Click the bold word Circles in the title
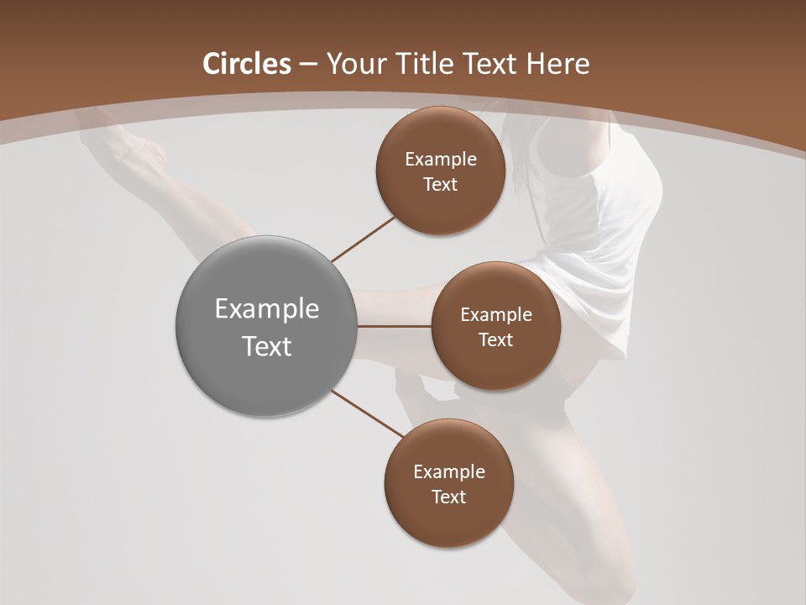pyautogui.click(x=247, y=64)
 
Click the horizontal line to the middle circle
pyautogui.click(x=395, y=326)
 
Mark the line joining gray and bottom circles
pyautogui.click(x=368, y=414)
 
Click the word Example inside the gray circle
pyautogui.click(x=267, y=309)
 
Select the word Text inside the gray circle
pyautogui.click(x=267, y=346)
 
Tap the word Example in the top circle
pyautogui.click(x=440, y=160)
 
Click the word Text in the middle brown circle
pyautogui.click(x=495, y=339)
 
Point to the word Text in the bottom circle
pyautogui.click(x=448, y=497)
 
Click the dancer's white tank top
pyautogui.click(x=596, y=244)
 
